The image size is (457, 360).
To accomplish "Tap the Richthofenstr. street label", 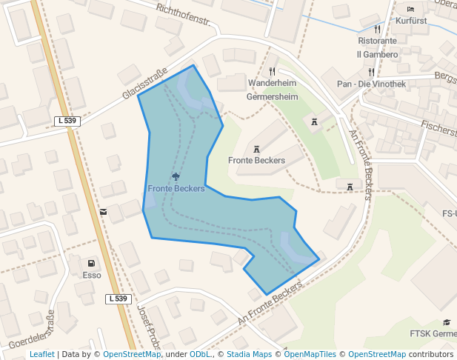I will point(184,19).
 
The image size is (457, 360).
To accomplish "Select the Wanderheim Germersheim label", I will point(272,90).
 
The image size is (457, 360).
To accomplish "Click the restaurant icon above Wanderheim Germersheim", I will point(272,71).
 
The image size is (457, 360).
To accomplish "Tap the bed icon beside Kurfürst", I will point(411,9).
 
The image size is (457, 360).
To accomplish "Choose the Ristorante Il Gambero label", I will point(377,47).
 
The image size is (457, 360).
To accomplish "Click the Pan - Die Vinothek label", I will point(371,84).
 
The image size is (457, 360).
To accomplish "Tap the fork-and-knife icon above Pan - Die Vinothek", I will point(371,73).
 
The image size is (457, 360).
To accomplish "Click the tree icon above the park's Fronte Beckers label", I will point(176,176).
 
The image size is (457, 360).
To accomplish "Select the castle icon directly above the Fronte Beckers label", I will point(256,149).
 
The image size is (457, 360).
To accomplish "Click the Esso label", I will point(91,275).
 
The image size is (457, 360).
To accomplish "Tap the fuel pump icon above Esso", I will point(91,263).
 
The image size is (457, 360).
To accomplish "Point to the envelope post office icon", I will point(103,212).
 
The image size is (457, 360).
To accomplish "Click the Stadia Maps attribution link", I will point(249,354).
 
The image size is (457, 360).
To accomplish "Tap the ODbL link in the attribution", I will point(201,354).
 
